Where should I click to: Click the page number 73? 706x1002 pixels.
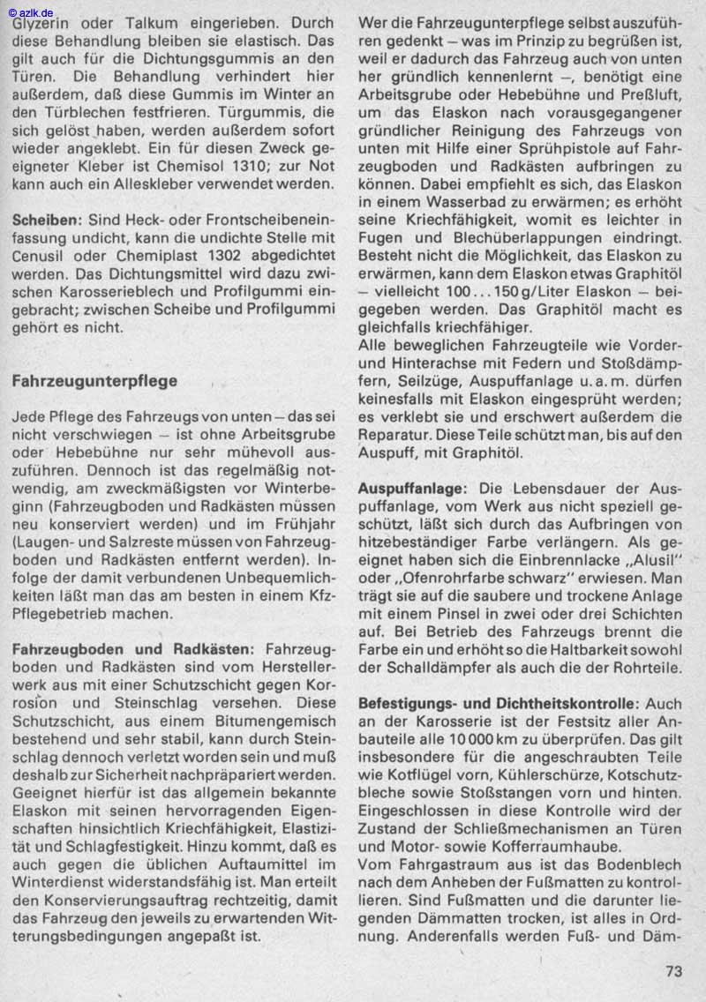[x=673, y=971]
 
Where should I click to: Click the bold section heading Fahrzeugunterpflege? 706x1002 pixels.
[x=95, y=381]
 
